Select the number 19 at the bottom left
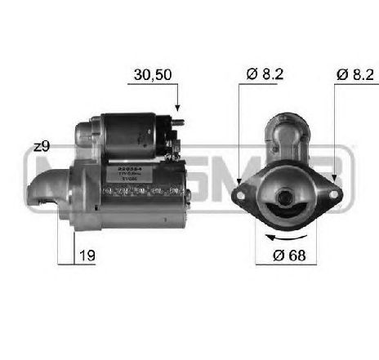[x=86, y=256]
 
